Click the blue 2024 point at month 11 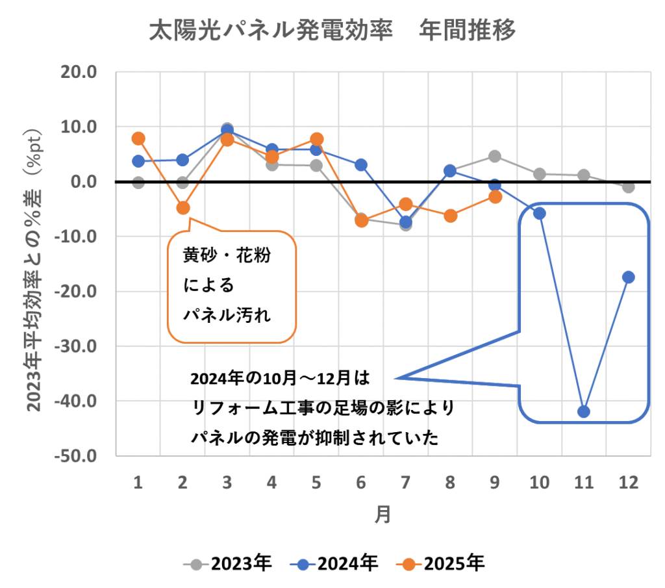[x=583, y=411]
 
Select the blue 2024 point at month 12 [x=628, y=277]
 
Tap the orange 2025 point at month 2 [x=182, y=208]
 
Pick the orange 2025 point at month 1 [x=138, y=138]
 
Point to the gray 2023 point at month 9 [x=494, y=156]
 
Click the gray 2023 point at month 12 [x=628, y=187]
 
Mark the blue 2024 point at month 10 [x=539, y=213]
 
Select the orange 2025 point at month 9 [x=494, y=197]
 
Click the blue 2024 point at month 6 [x=360, y=165]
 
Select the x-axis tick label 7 [x=405, y=482]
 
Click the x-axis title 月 [x=383, y=515]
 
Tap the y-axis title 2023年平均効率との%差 [x=35, y=273]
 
